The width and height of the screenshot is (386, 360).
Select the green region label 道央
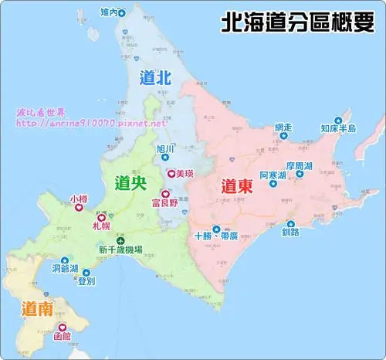click(129, 183)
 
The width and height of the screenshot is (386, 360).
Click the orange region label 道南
click(36, 310)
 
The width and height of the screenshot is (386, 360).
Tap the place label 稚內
click(110, 13)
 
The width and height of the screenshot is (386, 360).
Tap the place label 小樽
click(79, 199)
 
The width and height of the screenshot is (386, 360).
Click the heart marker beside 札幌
click(100, 219)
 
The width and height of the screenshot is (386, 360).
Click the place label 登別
click(86, 282)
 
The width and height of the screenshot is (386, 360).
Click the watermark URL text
click(91, 123)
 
